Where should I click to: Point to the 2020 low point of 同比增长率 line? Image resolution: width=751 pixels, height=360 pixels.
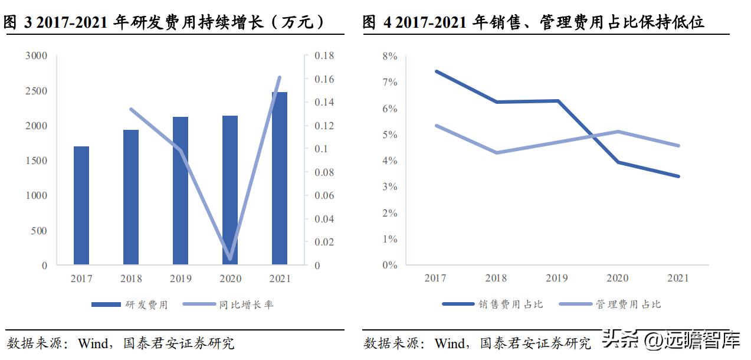[229, 258]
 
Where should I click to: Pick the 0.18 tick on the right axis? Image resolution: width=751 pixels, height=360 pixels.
[324, 55]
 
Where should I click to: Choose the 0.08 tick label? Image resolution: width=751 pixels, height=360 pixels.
[324, 172]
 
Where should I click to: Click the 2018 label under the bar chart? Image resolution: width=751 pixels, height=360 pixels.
[131, 279]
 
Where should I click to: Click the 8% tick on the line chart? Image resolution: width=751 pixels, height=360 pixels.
[390, 56]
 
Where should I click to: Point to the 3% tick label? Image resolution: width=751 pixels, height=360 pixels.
[390, 187]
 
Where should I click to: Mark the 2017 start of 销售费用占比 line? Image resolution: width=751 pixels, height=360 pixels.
[435, 71]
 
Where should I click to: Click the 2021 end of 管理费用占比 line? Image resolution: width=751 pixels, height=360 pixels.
[678, 146]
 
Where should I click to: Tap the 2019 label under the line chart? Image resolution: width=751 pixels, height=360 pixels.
[557, 278]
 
